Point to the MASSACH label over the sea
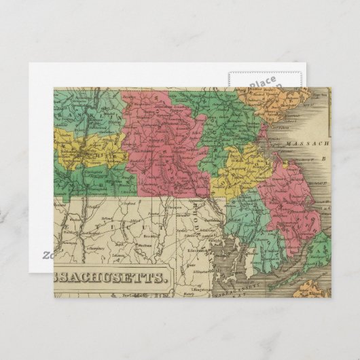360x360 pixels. pos(306,145)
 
